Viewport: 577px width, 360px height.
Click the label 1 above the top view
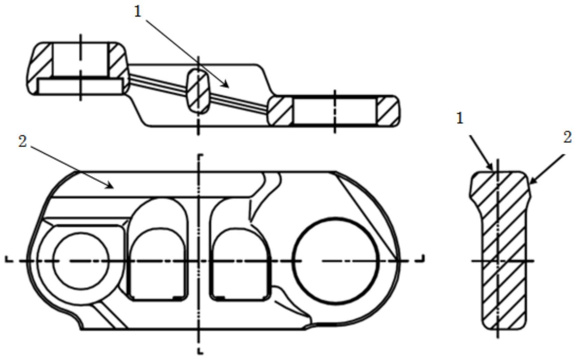[x=138, y=12]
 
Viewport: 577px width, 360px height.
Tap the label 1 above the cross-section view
[x=460, y=119]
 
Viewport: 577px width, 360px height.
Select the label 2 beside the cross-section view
[x=567, y=137]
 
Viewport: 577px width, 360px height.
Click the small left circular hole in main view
[x=81, y=261]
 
